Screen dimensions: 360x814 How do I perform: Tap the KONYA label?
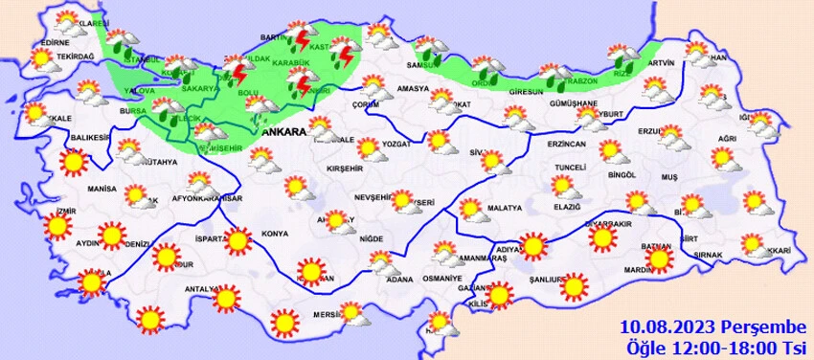coord(275,234)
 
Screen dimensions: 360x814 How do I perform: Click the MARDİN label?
coord(637,271)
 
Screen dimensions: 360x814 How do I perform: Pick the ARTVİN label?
coord(661,63)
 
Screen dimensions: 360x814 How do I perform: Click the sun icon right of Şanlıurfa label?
coord(575,285)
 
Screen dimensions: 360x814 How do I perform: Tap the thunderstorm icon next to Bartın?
coord(305,41)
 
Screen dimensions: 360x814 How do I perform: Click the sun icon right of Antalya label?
coord(226,299)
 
